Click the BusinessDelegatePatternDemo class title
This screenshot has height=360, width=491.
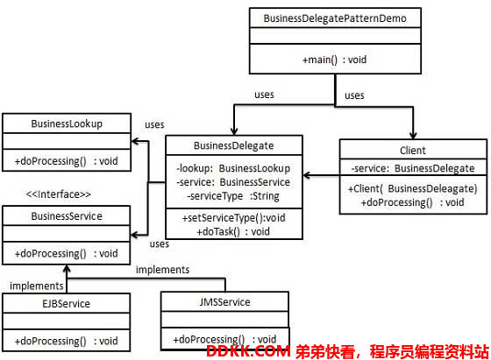pyautogui.click(x=335, y=18)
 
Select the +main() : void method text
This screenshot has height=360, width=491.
pyautogui.click(x=334, y=60)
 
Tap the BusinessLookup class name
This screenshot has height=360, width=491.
pyautogui.click(x=67, y=124)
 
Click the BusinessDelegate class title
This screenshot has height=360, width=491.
pyautogui.click(x=233, y=145)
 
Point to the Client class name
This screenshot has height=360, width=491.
pyautogui.click(x=413, y=151)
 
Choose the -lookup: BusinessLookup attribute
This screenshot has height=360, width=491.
pyautogui.click(x=233, y=168)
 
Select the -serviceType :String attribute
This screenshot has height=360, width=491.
pyautogui.click(x=233, y=196)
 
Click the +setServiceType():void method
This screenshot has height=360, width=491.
pyautogui.click(x=233, y=218)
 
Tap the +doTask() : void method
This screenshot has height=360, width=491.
pyautogui.click(x=233, y=231)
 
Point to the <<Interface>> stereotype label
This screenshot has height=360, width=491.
pyautogui.click(x=59, y=194)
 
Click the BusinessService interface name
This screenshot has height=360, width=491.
pyautogui.click(x=67, y=216)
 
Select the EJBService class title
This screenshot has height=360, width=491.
pyautogui.click(x=66, y=304)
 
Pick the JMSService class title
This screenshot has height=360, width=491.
pyautogui.click(x=224, y=302)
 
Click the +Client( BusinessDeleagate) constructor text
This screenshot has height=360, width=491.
pyautogui.click(x=413, y=188)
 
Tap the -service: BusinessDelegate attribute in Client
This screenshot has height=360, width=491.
pyautogui.click(x=413, y=168)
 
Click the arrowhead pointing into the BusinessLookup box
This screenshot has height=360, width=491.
pyautogui.click(x=135, y=141)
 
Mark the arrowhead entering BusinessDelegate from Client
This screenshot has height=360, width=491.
pyautogui.click(x=307, y=175)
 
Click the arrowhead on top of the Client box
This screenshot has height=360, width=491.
pyautogui.click(x=413, y=136)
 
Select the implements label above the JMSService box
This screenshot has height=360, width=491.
pyautogui.click(x=162, y=270)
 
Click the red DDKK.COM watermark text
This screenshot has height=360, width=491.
pyautogui.click(x=248, y=351)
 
